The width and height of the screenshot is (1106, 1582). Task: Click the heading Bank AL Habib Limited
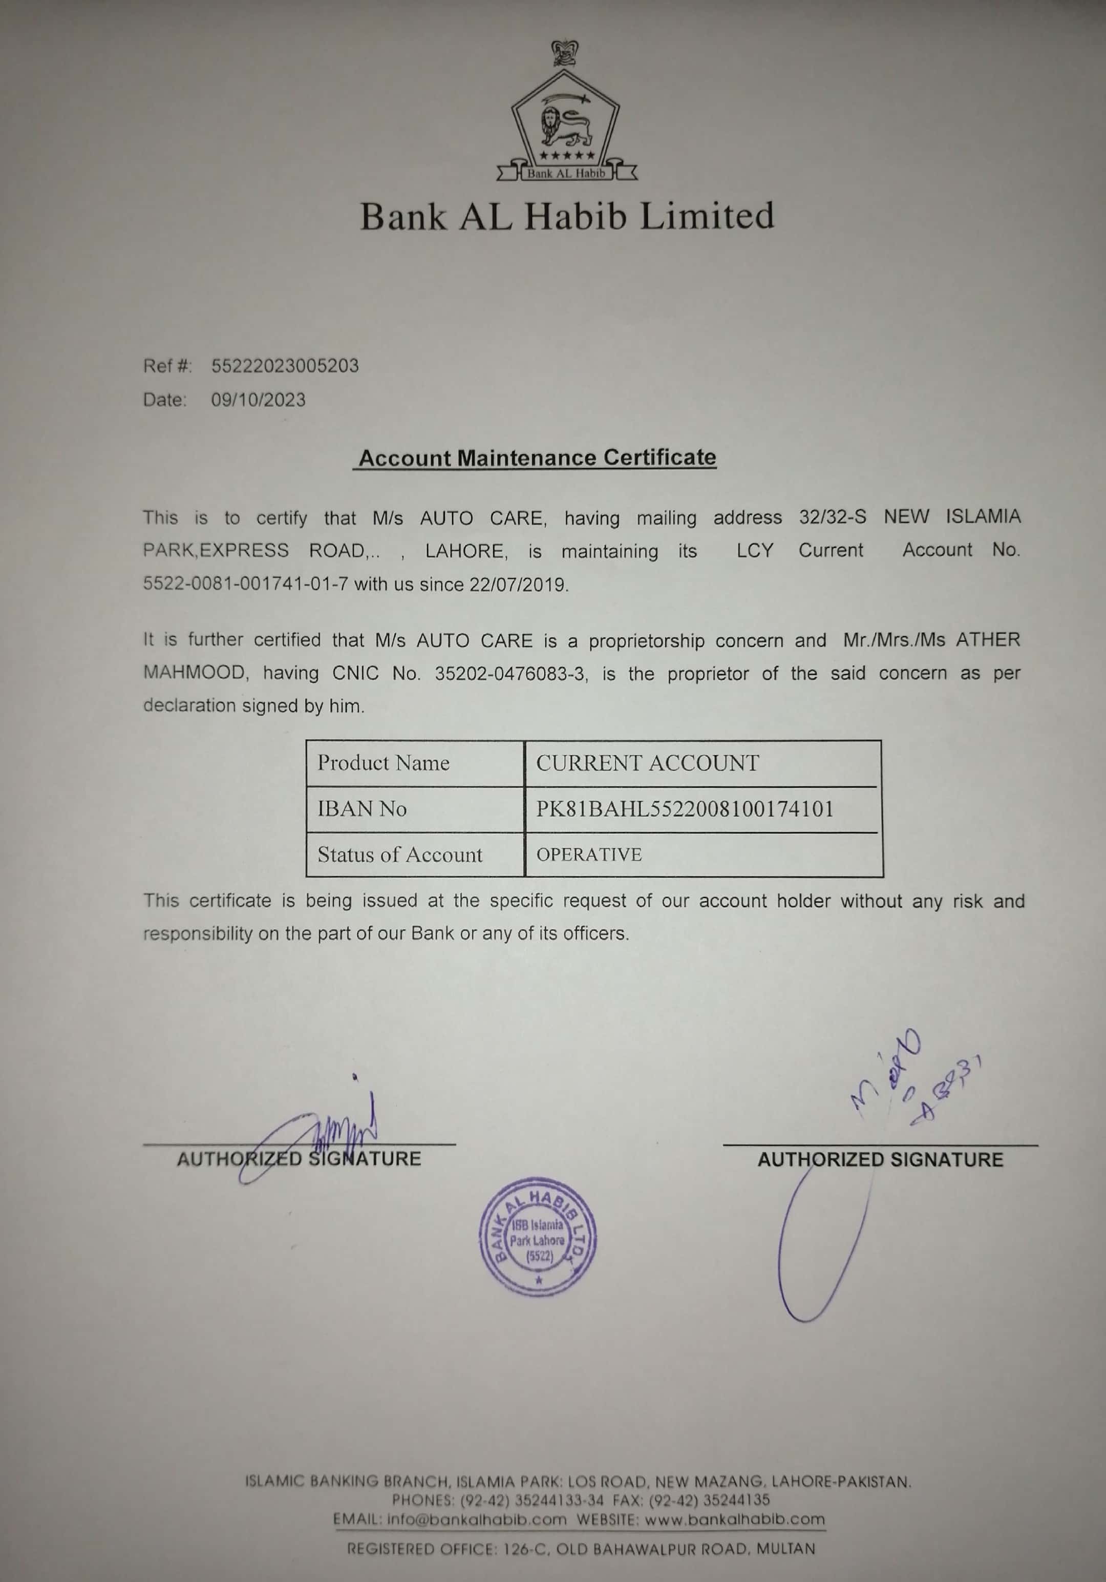pyautogui.click(x=567, y=216)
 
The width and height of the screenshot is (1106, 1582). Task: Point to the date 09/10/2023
pyautogui.click(x=258, y=400)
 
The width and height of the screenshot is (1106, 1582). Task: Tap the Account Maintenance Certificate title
pyautogui.click(x=537, y=458)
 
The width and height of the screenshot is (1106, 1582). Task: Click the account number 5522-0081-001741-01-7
pyautogui.click(x=245, y=585)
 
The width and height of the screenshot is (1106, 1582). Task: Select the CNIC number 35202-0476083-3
pyautogui.click(x=511, y=673)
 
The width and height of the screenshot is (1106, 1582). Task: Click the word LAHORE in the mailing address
pyautogui.click(x=466, y=551)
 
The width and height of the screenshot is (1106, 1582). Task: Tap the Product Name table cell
pyautogui.click(x=384, y=763)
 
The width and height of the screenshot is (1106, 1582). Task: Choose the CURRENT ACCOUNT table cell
pyautogui.click(x=647, y=763)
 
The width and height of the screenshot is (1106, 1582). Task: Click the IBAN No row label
pyautogui.click(x=362, y=808)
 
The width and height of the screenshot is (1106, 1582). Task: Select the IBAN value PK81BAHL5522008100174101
pyautogui.click(x=685, y=809)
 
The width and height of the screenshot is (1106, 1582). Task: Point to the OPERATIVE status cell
pyautogui.click(x=589, y=855)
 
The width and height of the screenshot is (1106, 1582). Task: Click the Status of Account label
pyautogui.click(x=399, y=855)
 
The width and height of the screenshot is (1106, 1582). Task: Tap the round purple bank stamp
pyautogui.click(x=538, y=1239)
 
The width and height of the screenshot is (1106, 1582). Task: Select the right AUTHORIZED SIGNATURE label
pyautogui.click(x=880, y=1160)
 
